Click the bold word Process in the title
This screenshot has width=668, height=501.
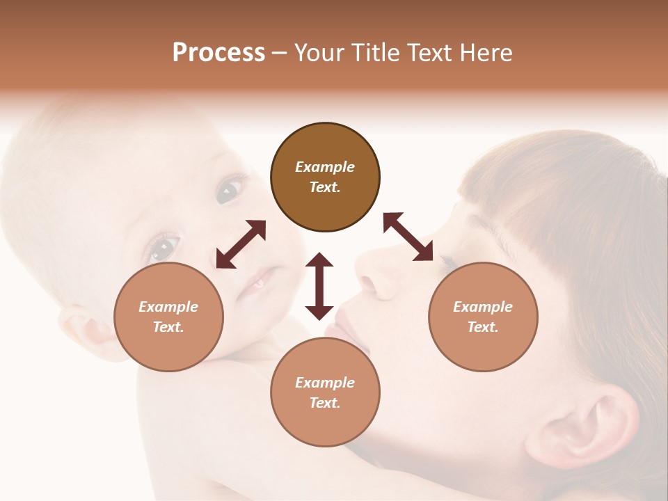pos(218,53)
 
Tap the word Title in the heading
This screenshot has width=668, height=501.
pos(374,53)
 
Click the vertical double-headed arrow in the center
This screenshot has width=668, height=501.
pos(319,286)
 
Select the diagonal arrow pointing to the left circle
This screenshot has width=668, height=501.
pos(241,244)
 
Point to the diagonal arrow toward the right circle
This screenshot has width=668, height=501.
pos(408,237)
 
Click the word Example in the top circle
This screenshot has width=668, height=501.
pos(325,167)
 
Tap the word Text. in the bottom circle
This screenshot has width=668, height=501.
pos(325,403)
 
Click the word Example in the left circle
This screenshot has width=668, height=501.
pos(168,307)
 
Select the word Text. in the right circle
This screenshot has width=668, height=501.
pos(483,327)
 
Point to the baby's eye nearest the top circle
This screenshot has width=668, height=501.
pos(230,190)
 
